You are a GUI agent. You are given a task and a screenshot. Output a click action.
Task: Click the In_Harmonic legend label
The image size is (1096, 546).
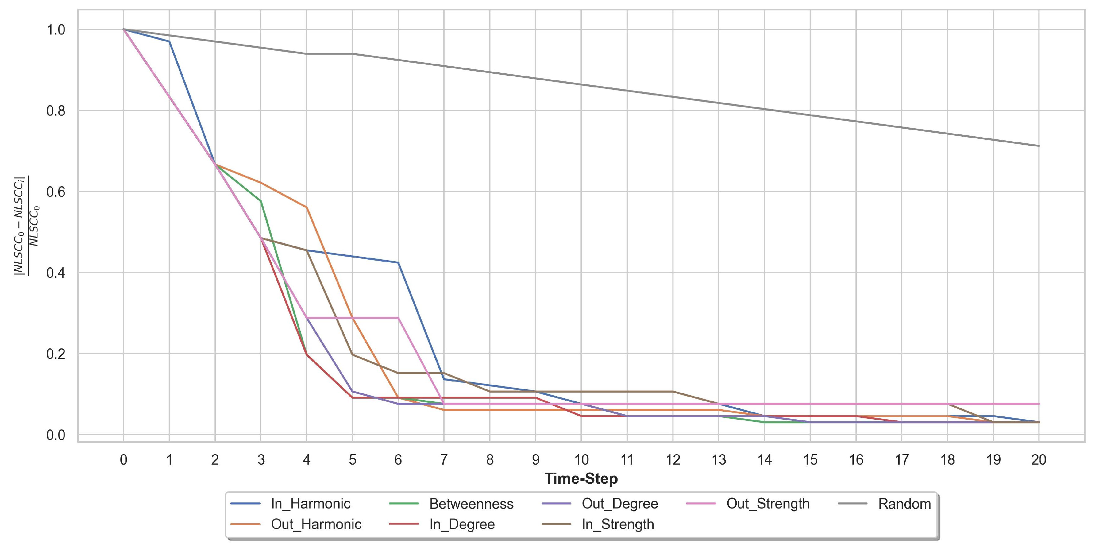click(310, 504)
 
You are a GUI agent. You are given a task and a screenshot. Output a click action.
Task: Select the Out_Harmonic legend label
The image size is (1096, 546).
click(316, 524)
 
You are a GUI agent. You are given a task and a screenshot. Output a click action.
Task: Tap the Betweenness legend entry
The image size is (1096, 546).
click(471, 504)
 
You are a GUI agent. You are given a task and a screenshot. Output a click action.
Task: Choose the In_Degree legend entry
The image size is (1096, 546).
click(462, 524)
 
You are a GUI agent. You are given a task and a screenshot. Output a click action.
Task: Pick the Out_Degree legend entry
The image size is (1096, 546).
click(620, 504)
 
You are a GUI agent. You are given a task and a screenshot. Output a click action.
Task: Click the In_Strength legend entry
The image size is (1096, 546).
click(618, 524)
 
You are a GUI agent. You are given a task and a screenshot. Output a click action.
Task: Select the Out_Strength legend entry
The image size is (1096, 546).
click(767, 504)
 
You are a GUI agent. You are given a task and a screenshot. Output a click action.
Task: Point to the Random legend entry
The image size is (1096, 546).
click(905, 504)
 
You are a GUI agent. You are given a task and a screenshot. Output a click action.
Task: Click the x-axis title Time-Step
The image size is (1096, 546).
click(581, 479)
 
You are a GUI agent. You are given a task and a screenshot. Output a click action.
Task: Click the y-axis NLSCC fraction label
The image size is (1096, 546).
click(26, 226)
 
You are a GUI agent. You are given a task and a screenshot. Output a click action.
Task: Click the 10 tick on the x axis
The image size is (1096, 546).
click(581, 460)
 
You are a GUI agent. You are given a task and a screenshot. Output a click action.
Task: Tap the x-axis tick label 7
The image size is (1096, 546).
click(444, 460)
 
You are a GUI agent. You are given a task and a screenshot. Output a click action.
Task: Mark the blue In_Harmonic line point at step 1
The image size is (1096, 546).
click(169, 41)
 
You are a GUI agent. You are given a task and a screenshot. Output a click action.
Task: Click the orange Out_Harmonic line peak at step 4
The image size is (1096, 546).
click(306, 207)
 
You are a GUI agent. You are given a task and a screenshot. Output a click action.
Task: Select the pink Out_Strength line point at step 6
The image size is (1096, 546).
click(398, 318)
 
